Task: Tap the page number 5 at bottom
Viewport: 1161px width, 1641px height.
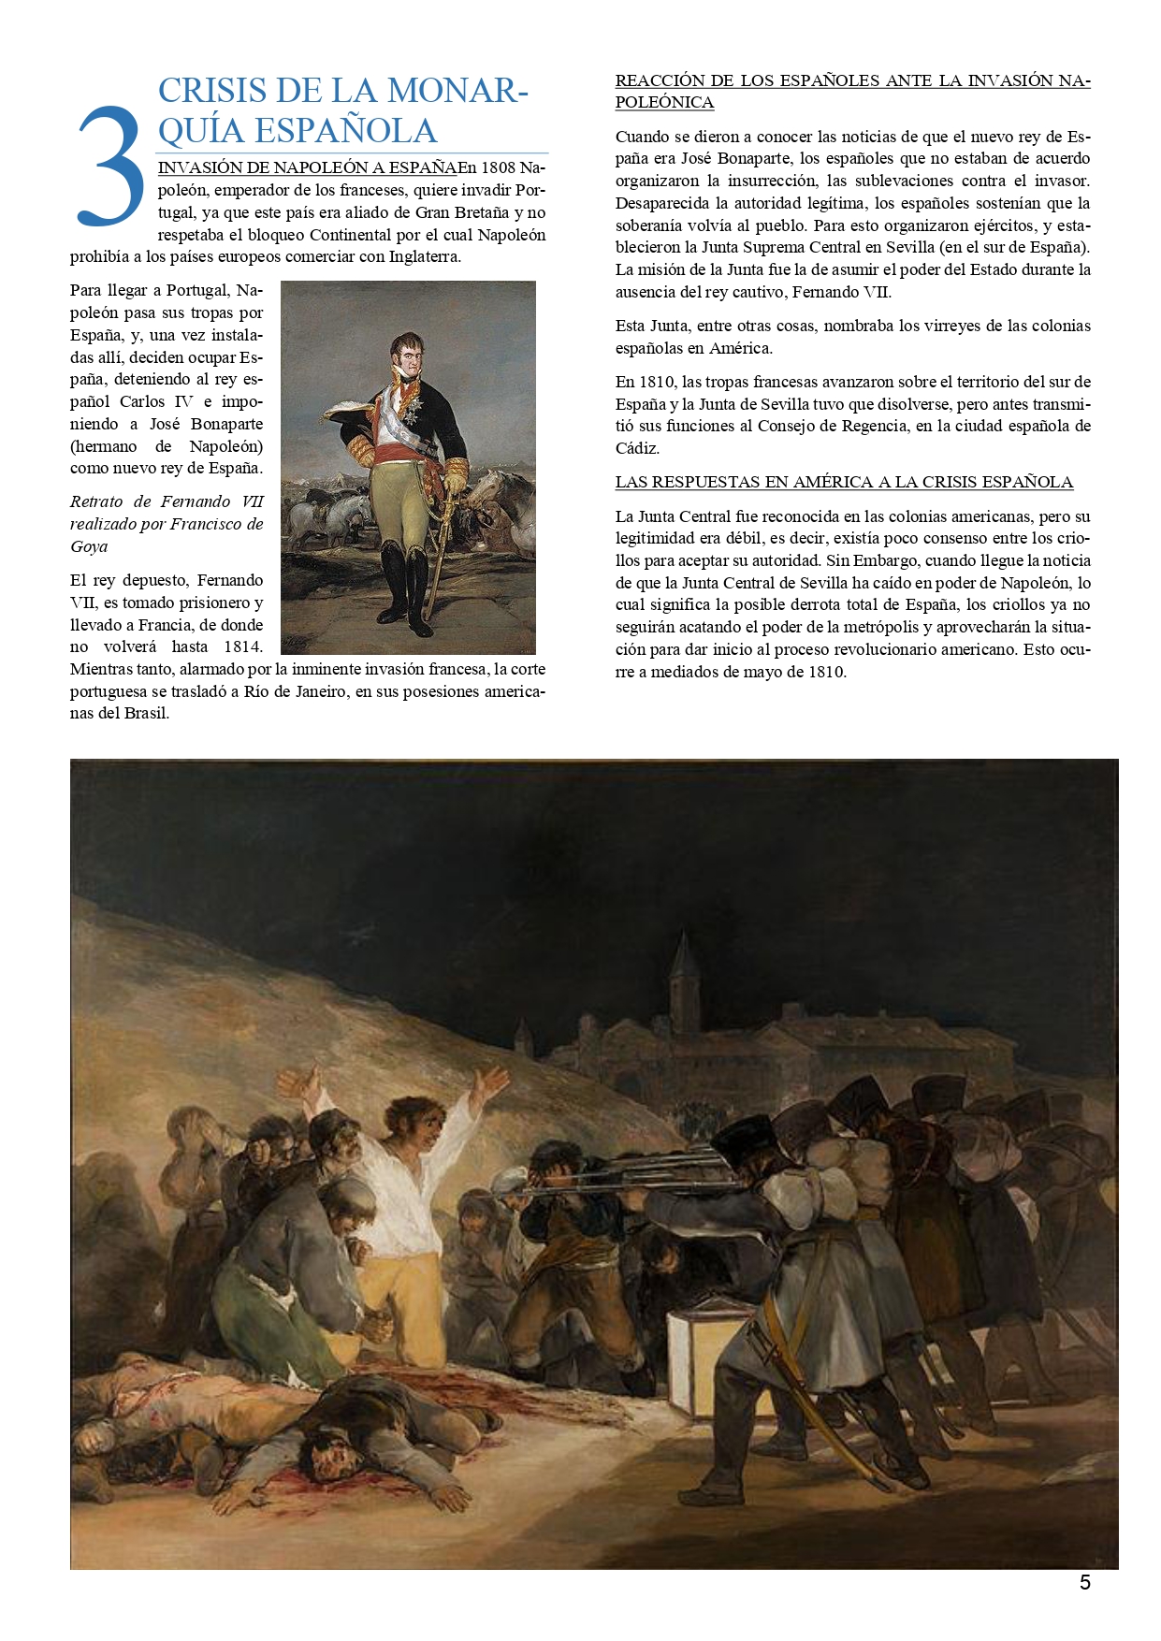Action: click(1085, 1583)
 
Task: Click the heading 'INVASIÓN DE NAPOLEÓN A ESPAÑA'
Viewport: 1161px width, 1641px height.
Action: click(308, 168)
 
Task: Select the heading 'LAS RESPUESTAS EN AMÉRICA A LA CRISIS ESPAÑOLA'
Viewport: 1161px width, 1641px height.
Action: click(844, 483)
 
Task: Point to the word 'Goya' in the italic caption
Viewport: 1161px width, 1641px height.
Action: click(89, 546)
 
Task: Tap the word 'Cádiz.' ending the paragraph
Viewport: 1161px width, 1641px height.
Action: click(637, 448)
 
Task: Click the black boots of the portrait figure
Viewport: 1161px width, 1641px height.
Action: click(406, 585)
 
